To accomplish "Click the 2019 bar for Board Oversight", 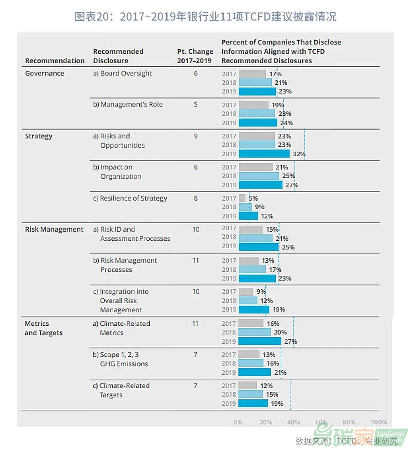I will point(257,91).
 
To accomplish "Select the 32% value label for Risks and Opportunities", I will point(299,154).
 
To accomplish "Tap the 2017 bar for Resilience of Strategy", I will point(242,198).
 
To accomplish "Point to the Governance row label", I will point(44,74).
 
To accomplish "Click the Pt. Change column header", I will point(195,56).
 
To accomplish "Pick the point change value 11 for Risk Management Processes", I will point(195,260).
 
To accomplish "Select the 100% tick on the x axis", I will point(379,422).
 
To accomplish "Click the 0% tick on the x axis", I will point(238,422).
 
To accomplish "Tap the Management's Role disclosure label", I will point(128,105).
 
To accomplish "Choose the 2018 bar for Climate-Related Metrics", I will point(254,332).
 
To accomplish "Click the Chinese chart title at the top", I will point(205,17).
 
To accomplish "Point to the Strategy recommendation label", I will point(39,136).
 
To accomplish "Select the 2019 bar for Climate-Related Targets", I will point(253,403).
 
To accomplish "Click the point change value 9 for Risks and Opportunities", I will point(195,136).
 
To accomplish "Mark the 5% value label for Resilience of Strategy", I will point(253,198).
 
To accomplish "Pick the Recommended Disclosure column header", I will point(118,56).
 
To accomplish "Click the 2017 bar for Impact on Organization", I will point(255,167).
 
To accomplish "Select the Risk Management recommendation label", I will point(54,229).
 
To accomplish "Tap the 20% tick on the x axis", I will point(266,422).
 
